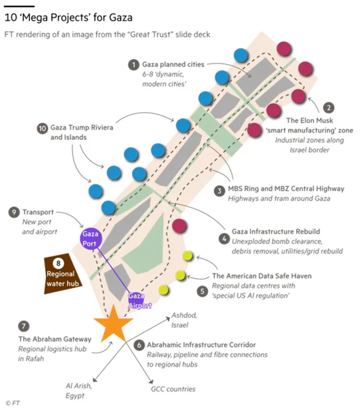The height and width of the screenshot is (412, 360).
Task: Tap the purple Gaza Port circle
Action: pyautogui.click(x=91, y=239)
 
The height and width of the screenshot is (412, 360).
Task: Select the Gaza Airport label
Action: pyautogui.click(x=140, y=301)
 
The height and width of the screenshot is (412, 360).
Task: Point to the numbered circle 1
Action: pyautogui.click(x=134, y=65)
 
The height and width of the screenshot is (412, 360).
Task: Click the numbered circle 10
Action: pyautogui.click(x=42, y=129)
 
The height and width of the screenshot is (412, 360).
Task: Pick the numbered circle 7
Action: pyautogui.click(x=24, y=326)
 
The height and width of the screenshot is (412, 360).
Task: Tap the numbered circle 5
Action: pyautogui.click(x=202, y=291)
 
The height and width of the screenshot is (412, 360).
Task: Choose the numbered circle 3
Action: pyautogui.click(x=220, y=191)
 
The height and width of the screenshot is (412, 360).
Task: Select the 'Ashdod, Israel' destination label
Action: pyautogui.click(x=184, y=320)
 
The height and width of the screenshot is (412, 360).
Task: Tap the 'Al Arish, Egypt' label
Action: pyautogui.click(x=79, y=391)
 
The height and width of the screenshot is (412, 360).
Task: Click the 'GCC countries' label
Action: pyautogui.click(x=173, y=389)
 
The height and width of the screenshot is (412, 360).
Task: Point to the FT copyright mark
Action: pyautogui.click(x=13, y=403)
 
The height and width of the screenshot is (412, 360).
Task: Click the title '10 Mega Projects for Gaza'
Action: pyautogui.click(x=68, y=17)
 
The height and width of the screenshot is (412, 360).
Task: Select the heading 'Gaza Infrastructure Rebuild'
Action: pyautogui.click(x=276, y=231)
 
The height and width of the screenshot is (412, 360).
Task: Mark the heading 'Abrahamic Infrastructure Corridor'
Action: pyautogui.click(x=201, y=345)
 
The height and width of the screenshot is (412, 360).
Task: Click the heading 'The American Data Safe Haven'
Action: pyautogui.click(x=262, y=276)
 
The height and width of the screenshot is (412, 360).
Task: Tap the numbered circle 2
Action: pyautogui.click(x=329, y=108)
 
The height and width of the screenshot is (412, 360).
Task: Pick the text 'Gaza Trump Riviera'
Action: pyautogui.click(x=82, y=128)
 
